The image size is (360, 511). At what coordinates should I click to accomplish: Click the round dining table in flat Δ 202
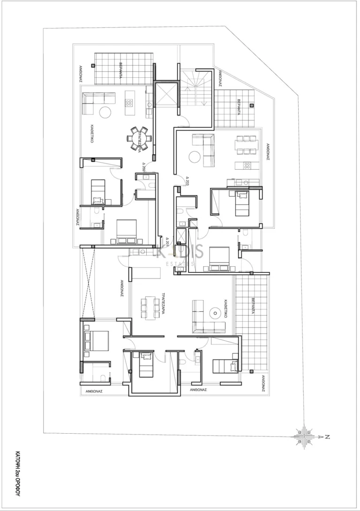coord(139,138)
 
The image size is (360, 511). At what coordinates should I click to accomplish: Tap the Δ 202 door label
coord(144,166)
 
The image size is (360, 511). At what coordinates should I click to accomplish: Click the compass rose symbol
coord(304,437)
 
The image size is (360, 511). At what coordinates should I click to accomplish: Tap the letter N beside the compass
coord(328,437)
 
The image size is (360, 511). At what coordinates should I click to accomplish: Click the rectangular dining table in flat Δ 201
coord(150,307)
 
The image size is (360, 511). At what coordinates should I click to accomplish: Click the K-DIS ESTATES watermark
coord(180,255)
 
